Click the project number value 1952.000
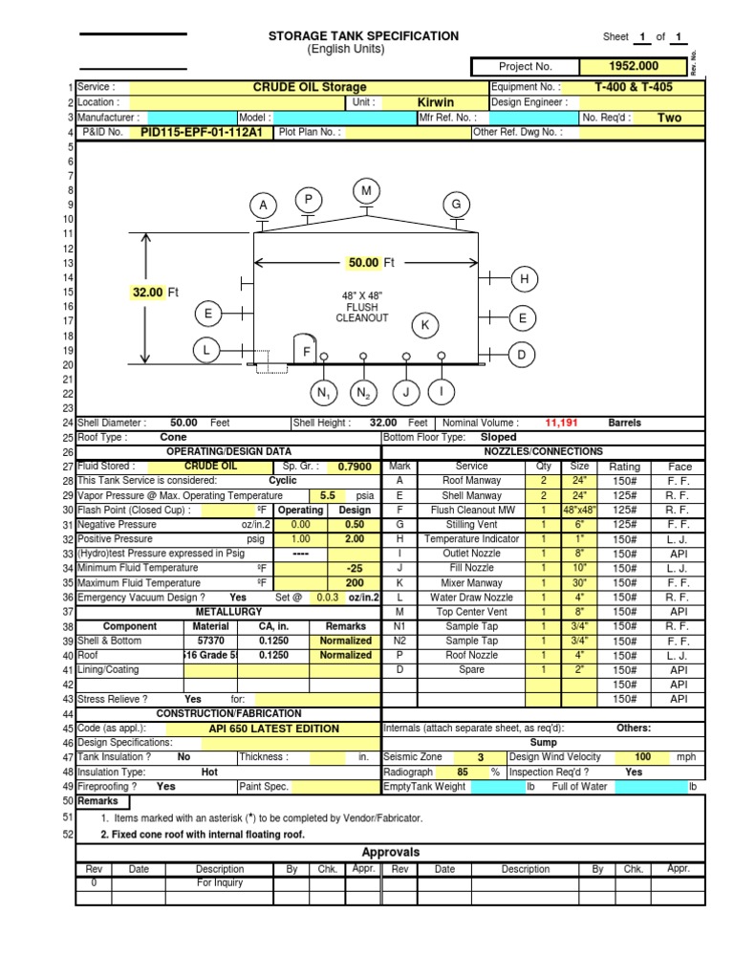[634, 66]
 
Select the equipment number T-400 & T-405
[634, 87]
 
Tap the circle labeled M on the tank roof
[366, 191]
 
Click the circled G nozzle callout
[457, 205]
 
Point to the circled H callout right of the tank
[525, 279]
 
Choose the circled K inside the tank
[425, 326]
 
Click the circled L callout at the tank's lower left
[205, 351]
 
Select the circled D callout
[522, 355]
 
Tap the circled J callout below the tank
[406, 392]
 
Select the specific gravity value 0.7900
[354, 467]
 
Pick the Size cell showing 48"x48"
[579, 511]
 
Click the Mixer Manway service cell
[472, 582]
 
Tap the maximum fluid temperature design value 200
[355, 582]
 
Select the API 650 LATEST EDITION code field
[273, 729]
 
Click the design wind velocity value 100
[643, 757]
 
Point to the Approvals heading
[390, 852]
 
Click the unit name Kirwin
[436, 102]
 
